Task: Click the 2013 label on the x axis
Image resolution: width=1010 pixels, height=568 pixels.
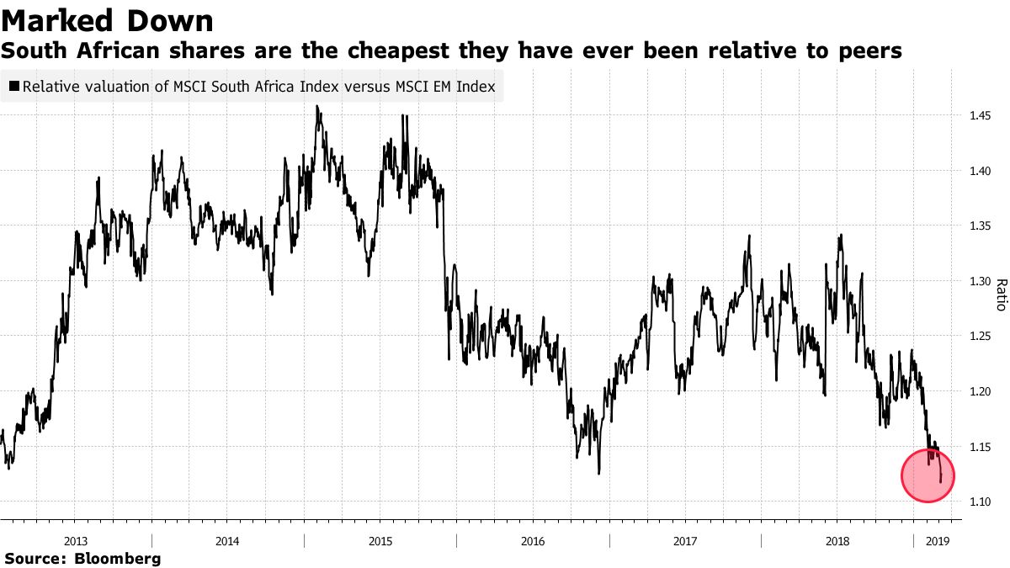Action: point(76,540)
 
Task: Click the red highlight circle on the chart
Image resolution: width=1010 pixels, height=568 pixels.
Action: point(928,475)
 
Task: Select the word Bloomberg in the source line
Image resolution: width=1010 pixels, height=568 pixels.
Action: point(118,558)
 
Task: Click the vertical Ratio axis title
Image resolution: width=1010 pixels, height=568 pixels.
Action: point(1001,295)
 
